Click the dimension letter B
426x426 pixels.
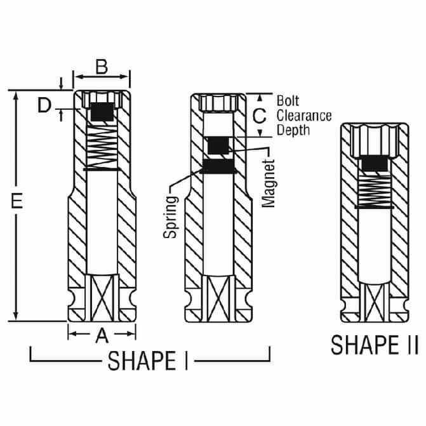(x=102, y=67)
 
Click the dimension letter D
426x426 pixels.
(x=44, y=105)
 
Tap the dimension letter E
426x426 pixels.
(x=17, y=201)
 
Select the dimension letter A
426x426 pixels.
(x=102, y=335)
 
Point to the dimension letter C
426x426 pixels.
(x=259, y=116)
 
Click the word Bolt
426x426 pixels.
(x=288, y=101)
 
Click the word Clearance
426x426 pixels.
(x=304, y=116)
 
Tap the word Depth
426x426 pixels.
(x=293, y=130)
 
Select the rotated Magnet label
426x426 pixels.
(x=269, y=183)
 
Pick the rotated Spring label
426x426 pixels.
(x=171, y=217)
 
